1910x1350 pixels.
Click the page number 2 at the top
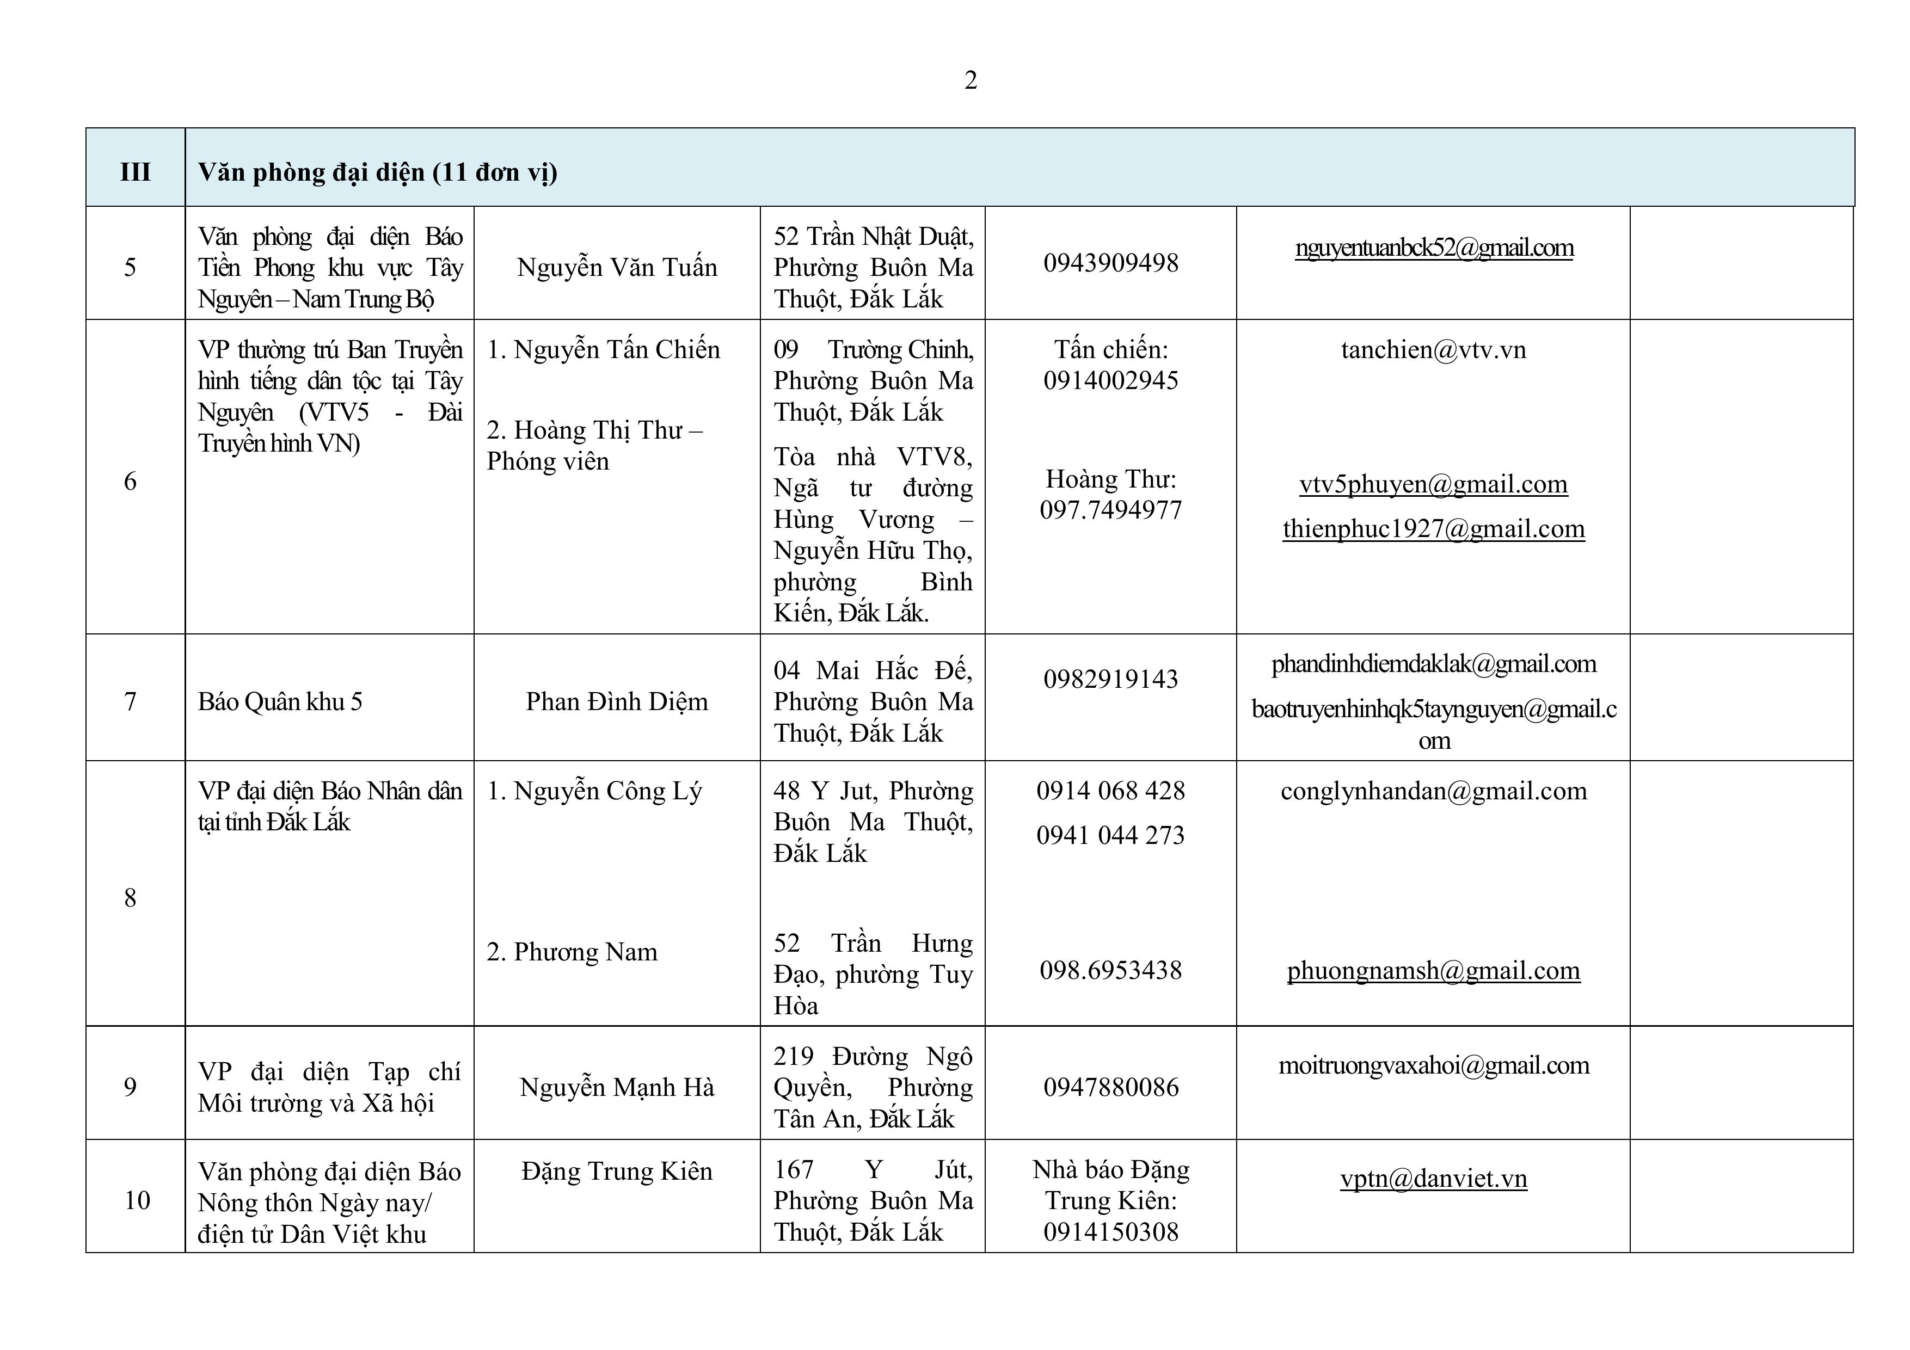(x=970, y=81)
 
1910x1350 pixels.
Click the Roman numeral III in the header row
(x=136, y=172)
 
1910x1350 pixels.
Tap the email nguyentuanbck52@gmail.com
(x=1433, y=248)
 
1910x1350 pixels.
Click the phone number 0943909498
(x=1110, y=263)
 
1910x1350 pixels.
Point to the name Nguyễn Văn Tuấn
(x=616, y=267)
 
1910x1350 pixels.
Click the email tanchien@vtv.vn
(x=1433, y=349)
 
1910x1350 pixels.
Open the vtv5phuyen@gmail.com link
(x=1433, y=484)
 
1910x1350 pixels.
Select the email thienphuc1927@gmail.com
(x=1433, y=529)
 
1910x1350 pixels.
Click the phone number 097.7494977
(x=1110, y=510)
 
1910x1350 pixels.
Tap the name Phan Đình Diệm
(x=616, y=701)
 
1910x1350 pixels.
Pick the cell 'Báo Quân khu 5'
(x=280, y=702)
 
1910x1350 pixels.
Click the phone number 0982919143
(x=1110, y=679)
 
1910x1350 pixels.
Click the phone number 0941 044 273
(x=1110, y=835)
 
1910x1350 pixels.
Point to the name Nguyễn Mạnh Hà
(x=616, y=1087)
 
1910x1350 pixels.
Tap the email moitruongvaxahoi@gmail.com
(x=1433, y=1065)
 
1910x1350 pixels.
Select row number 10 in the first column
(x=137, y=1199)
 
